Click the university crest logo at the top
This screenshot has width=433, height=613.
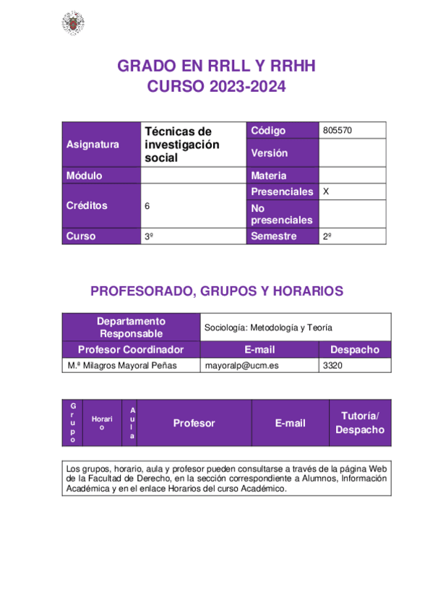72,24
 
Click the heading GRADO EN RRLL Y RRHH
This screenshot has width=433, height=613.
217,67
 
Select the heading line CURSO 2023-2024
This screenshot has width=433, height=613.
217,87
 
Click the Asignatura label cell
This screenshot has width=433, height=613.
93,145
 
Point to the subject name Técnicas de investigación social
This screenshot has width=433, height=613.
181,144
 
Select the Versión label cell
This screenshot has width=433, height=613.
269,153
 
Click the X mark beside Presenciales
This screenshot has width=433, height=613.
327,192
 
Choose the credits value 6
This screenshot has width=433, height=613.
147,206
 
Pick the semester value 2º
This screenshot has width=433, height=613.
327,236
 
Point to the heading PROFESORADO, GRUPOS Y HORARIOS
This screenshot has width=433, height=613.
216,291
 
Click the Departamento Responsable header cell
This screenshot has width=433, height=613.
131,327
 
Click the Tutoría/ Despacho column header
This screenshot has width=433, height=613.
359,423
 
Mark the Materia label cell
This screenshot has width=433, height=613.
268,176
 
